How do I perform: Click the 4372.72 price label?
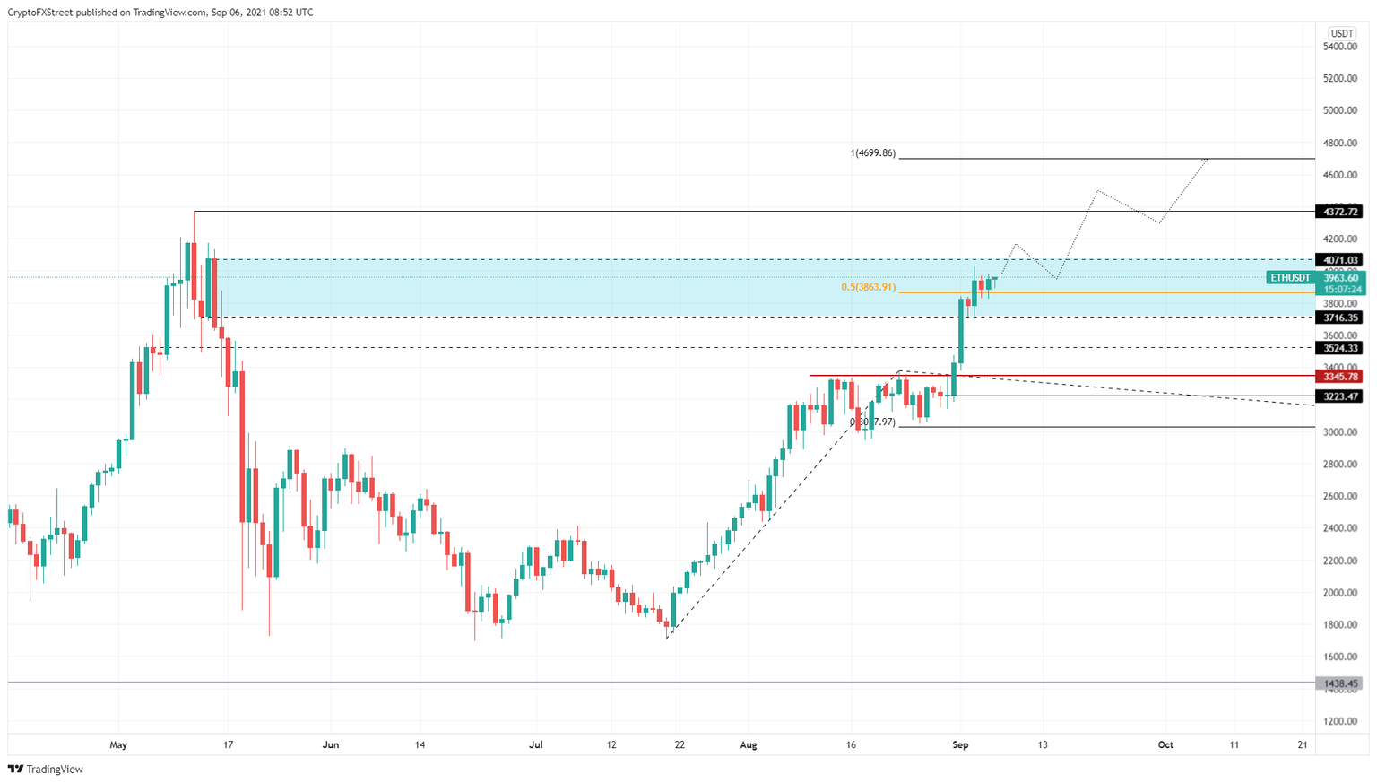(x=1339, y=212)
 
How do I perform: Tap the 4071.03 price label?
(x=1339, y=260)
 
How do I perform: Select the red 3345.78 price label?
(x=1339, y=377)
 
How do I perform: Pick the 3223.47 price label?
(x=1339, y=396)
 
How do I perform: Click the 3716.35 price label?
(x=1339, y=318)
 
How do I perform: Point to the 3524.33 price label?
(x=1339, y=348)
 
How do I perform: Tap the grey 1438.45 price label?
(x=1339, y=683)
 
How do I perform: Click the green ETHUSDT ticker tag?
(x=1290, y=278)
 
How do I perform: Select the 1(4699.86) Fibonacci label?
(x=872, y=153)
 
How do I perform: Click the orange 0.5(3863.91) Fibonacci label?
(x=867, y=287)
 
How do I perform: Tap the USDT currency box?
(x=1342, y=33)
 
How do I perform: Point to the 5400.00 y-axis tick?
(x=1340, y=47)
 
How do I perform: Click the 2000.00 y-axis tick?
(x=1340, y=593)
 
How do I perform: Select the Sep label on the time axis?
(x=960, y=744)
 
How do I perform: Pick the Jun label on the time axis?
(x=331, y=744)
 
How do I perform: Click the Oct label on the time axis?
(x=1165, y=744)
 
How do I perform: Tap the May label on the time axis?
(x=118, y=744)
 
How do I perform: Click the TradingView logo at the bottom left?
(x=46, y=769)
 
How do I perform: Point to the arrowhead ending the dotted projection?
(x=1207, y=161)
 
